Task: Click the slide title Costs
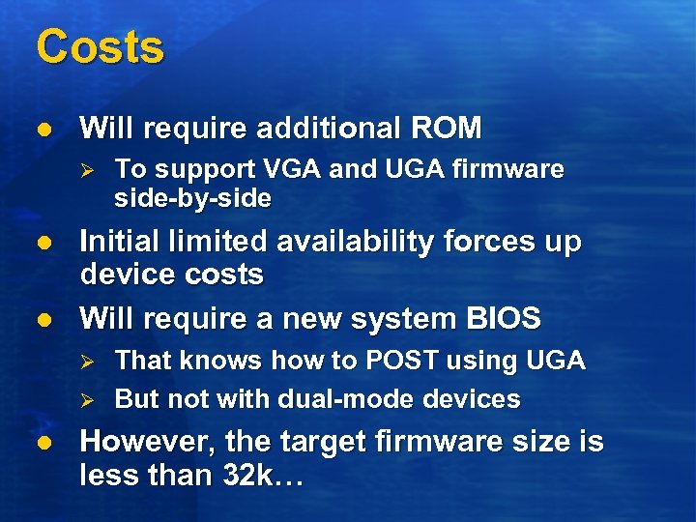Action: coord(100,46)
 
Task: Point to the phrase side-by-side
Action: coord(192,198)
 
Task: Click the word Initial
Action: coord(124,241)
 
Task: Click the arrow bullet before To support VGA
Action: coord(86,170)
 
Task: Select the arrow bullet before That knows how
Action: coord(86,362)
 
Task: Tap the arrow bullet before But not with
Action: coord(86,399)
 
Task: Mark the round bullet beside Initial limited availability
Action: coord(41,243)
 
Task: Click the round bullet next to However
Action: coord(41,444)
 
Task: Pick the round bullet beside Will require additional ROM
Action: coord(41,129)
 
